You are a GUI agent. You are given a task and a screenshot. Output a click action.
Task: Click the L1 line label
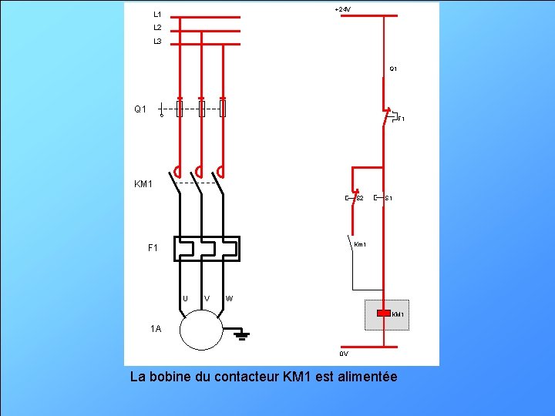pos(157,14)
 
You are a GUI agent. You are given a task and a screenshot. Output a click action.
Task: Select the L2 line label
pos(157,28)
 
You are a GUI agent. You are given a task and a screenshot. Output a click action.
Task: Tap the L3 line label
pos(157,42)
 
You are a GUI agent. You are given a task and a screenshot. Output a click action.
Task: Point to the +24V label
pos(342,9)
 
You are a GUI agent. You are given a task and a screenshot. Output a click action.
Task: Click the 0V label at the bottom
pos(344,354)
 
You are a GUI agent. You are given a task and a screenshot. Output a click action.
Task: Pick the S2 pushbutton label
pos(359,199)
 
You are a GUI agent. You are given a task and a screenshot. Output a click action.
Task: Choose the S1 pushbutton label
pos(388,199)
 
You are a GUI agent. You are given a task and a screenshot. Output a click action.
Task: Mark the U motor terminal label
pos(185,298)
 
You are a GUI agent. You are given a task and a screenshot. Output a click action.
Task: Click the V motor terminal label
pos(207,298)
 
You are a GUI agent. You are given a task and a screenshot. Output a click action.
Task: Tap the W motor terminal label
pos(230,298)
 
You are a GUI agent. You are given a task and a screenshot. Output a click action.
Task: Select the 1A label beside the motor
pos(156,329)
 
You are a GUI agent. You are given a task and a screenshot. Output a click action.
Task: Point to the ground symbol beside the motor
pos(241,334)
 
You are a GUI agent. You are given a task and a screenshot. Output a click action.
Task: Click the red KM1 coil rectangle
pos(383,314)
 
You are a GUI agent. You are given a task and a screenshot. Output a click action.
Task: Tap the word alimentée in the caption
pos(367,377)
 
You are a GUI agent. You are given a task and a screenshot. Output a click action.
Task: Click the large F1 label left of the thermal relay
pos(153,248)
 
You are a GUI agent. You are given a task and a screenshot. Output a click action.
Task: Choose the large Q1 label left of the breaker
pos(140,109)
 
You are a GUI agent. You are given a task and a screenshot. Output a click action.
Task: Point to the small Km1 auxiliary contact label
pos(360,245)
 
